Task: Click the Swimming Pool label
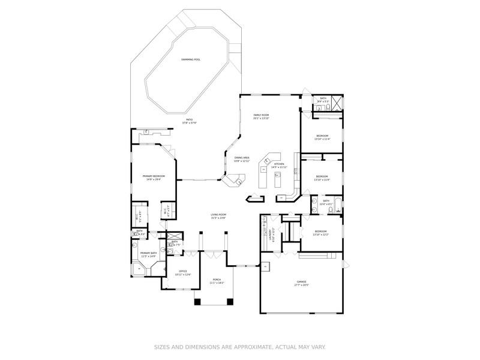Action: [x=191, y=59]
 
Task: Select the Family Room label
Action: [x=260, y=116]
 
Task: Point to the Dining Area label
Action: [x=241, y=159]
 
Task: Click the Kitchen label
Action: [x=279, y=165]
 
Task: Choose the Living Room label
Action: [x=218, y=216]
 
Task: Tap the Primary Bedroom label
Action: [x=154, y=177]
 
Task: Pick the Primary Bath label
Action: [x=148, y=254]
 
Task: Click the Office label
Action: [x=183, y=272]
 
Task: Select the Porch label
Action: [x=216, y=281]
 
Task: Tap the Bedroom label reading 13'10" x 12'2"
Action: [x=321, y=233]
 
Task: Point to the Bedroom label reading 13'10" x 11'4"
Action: [x=322, y=137]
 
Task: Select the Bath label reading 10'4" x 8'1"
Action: [x=326, y=202]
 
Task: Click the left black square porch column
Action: [x=197, y=302]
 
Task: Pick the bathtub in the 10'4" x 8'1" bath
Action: [x=337, y=205]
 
